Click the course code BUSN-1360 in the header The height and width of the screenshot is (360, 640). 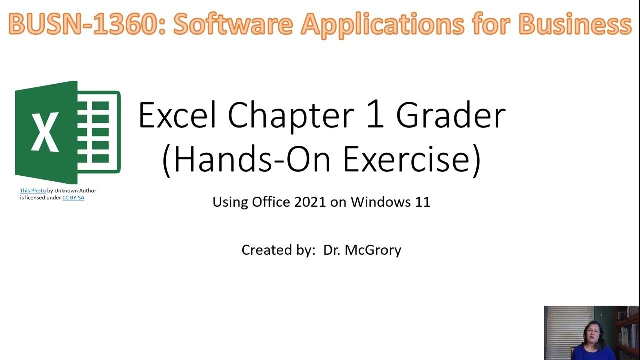(85, 23)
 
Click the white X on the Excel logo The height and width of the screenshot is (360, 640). (45, 132)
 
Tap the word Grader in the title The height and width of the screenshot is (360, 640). (451, 116)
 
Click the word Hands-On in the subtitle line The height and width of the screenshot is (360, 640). (250, 159)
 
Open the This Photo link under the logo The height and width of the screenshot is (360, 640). (33, 191)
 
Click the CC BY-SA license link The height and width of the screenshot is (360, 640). (73, 198)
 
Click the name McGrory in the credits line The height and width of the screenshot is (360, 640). (376, 250)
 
